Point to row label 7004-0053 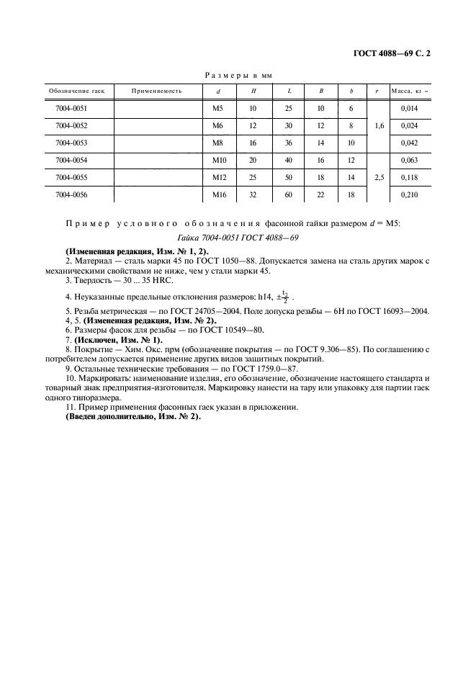pos(71,143)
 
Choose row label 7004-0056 pos(71,194)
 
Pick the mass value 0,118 pos(409,177)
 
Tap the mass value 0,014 pos(409,108)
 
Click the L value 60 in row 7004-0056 pos(289,194)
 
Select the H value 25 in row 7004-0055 pos(253,177)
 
